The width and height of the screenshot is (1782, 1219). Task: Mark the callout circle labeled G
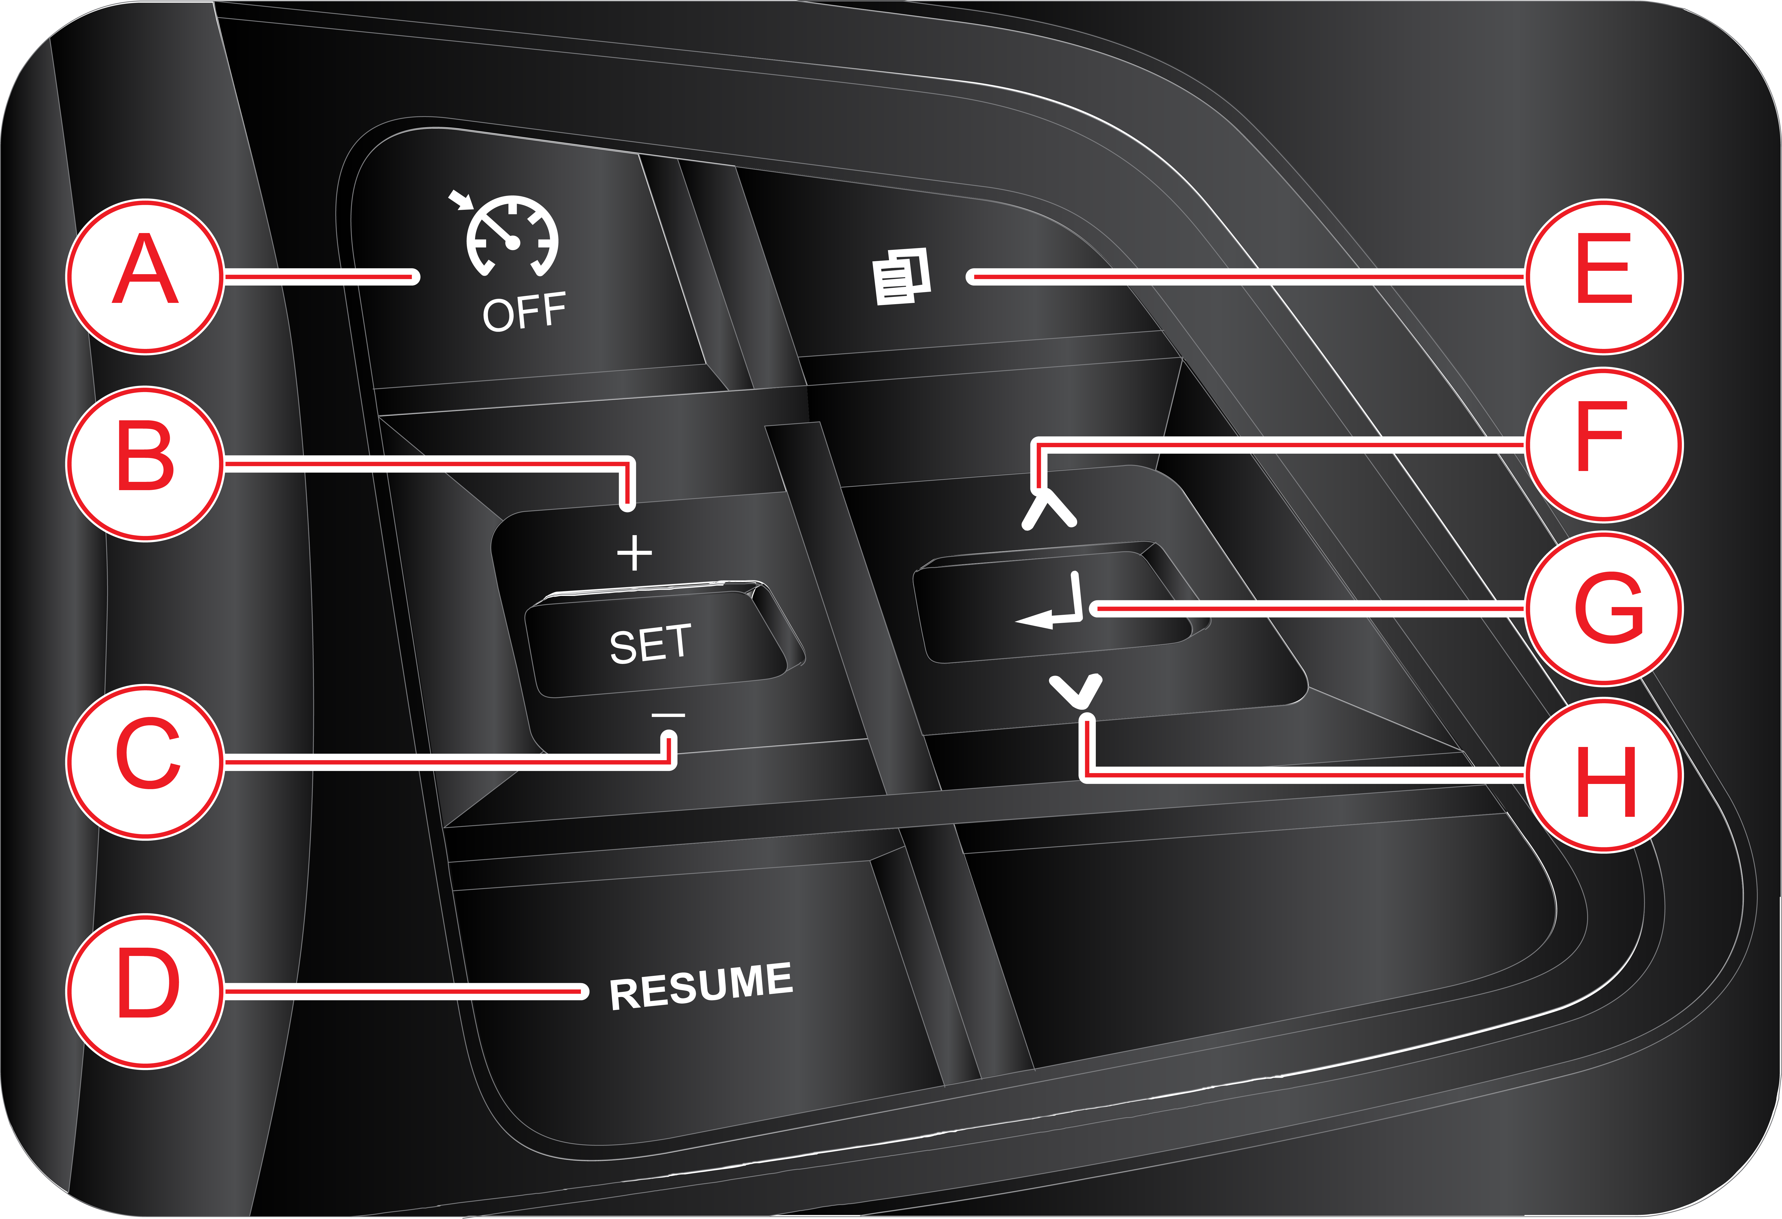pos(1604,608)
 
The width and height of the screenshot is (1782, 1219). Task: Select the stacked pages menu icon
pos(902,276)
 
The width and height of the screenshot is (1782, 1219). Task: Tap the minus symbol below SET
pos(668,715)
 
